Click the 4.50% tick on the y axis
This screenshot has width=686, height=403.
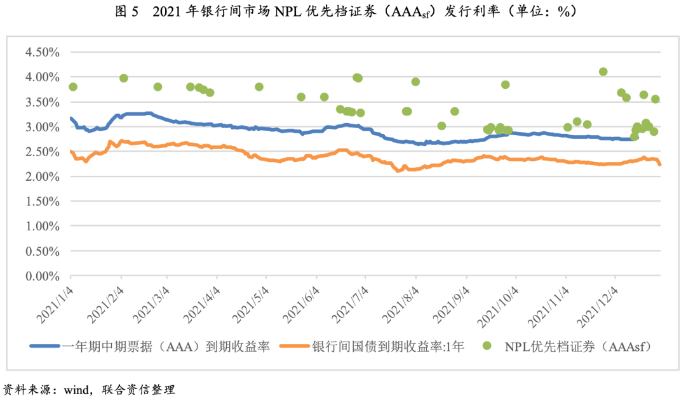[x=42, y=52]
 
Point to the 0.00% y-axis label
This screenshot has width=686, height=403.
[x=42, y=277]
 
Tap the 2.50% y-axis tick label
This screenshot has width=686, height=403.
[x=42, y=152]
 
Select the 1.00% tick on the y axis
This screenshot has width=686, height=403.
[x=42, y=227]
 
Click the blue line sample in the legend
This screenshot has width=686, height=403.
[x=45, y=346]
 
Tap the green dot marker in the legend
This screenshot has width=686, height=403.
[x=487, y=346]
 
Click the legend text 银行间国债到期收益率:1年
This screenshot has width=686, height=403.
[x=387, y=347]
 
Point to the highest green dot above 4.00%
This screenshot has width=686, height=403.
[x=603, y=72]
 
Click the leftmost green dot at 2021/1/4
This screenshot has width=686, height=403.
[x=72, y=86]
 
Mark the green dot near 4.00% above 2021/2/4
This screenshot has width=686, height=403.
[x=124, y=78]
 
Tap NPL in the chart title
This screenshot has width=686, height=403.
[x=288, y=12]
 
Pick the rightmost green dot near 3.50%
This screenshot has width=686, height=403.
[x=656, y=99]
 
